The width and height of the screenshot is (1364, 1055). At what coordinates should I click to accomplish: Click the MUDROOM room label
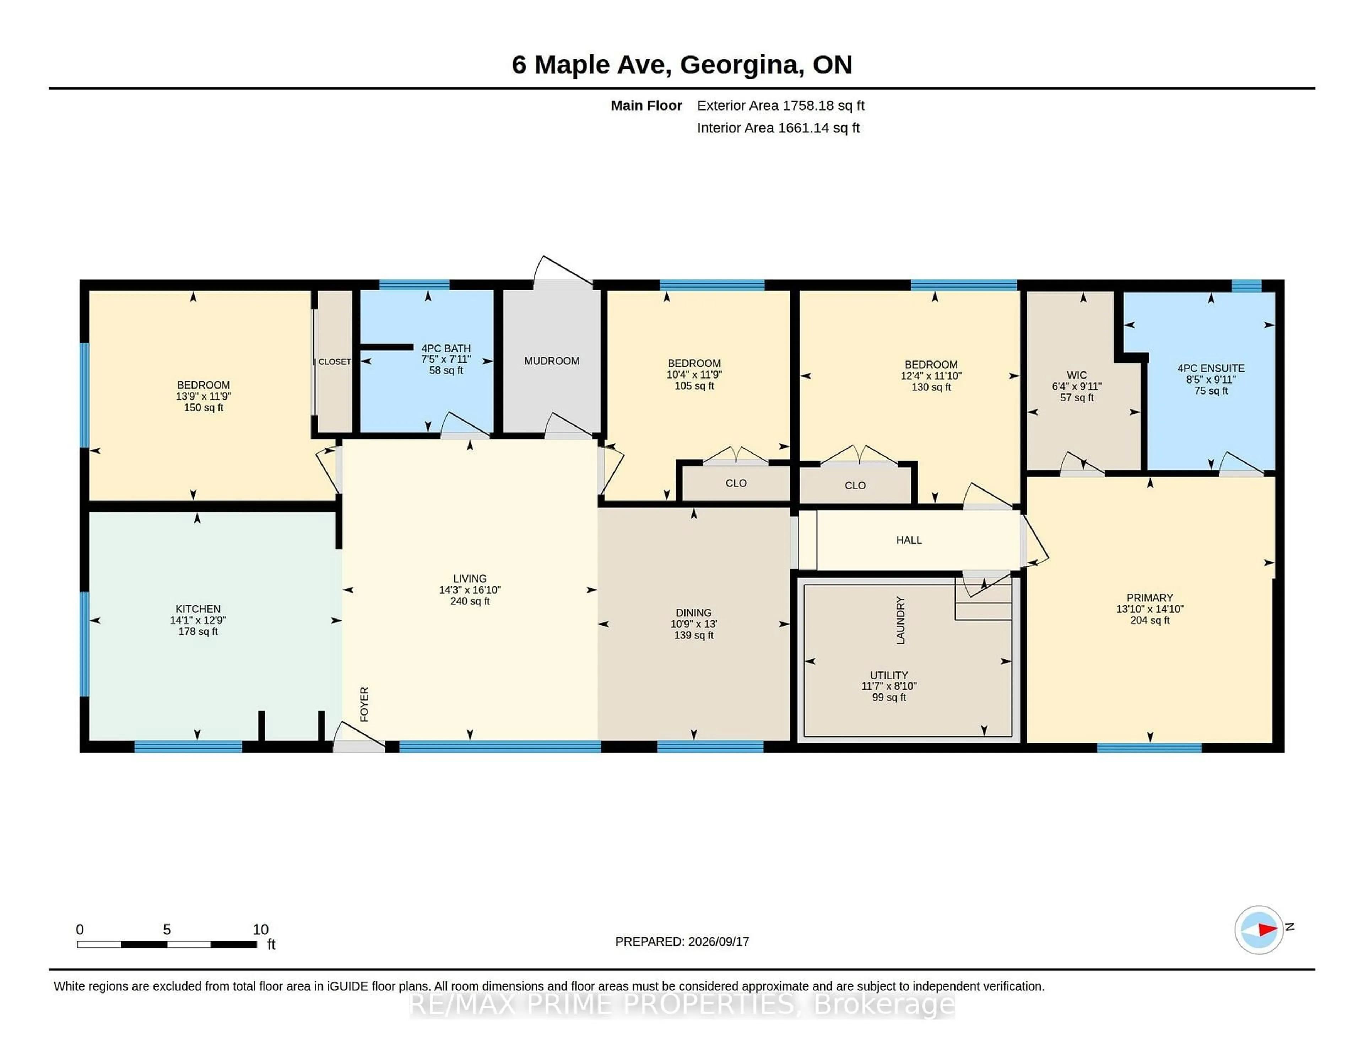tap(552, 361)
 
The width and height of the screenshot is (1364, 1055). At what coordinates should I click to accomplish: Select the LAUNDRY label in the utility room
tap(900, 620)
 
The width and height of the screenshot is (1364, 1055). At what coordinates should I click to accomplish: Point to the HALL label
tap(909, 540)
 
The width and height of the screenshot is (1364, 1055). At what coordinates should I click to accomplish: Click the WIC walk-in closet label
tap(1077, 375)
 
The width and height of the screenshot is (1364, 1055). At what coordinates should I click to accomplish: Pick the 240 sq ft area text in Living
tap(470, 601)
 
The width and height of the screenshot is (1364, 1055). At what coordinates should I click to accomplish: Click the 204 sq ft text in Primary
tap(1150, 620)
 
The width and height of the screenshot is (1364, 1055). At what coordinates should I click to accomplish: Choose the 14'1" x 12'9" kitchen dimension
tap(198, 620)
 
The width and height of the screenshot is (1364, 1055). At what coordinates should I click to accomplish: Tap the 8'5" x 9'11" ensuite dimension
tap(1211, 379)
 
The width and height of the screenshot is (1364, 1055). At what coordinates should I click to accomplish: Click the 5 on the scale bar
tap(167, 930)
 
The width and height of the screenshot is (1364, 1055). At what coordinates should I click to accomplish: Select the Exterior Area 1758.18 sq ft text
tap(781, 106)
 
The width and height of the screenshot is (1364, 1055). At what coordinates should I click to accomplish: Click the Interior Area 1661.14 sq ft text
tap(778, 128)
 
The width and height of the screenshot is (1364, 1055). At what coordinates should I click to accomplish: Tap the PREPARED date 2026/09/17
tap(718, 941)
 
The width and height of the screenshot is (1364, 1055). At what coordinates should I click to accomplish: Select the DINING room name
tap(693, 612)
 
